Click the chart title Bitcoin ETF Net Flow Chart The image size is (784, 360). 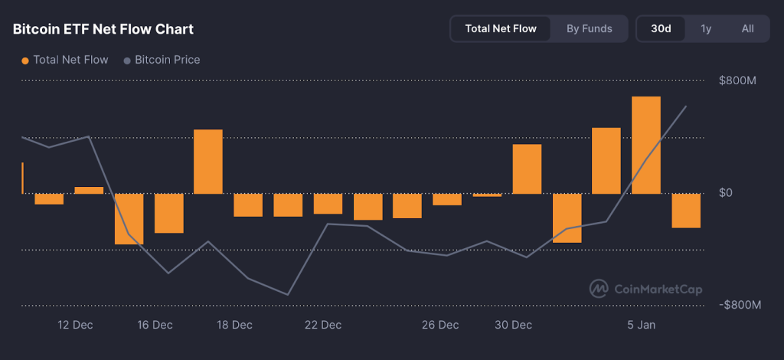click(103, 29)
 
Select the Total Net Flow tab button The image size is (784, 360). click(501, 29)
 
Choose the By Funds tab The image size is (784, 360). click(590, 29)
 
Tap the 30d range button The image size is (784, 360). click(661, 29)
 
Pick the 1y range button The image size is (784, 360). click(706, 29)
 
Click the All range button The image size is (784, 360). click(747, 29)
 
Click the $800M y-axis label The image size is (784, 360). click(737, 81)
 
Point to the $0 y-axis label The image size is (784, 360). click(726, 193)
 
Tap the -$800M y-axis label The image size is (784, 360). click(740, 305)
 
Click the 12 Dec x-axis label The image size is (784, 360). click(75, 325)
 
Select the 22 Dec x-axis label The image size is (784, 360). click(323, 325)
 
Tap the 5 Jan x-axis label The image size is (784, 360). click(642, 325)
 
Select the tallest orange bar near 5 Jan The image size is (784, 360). click(646, 145)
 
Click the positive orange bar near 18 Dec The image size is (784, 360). click(208, 161)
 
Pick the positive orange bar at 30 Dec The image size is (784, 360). click(527, 169)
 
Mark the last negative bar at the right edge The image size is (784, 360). click(686, 211)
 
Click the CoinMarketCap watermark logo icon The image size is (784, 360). click(599, 289)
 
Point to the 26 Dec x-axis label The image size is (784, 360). click(440, 325)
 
